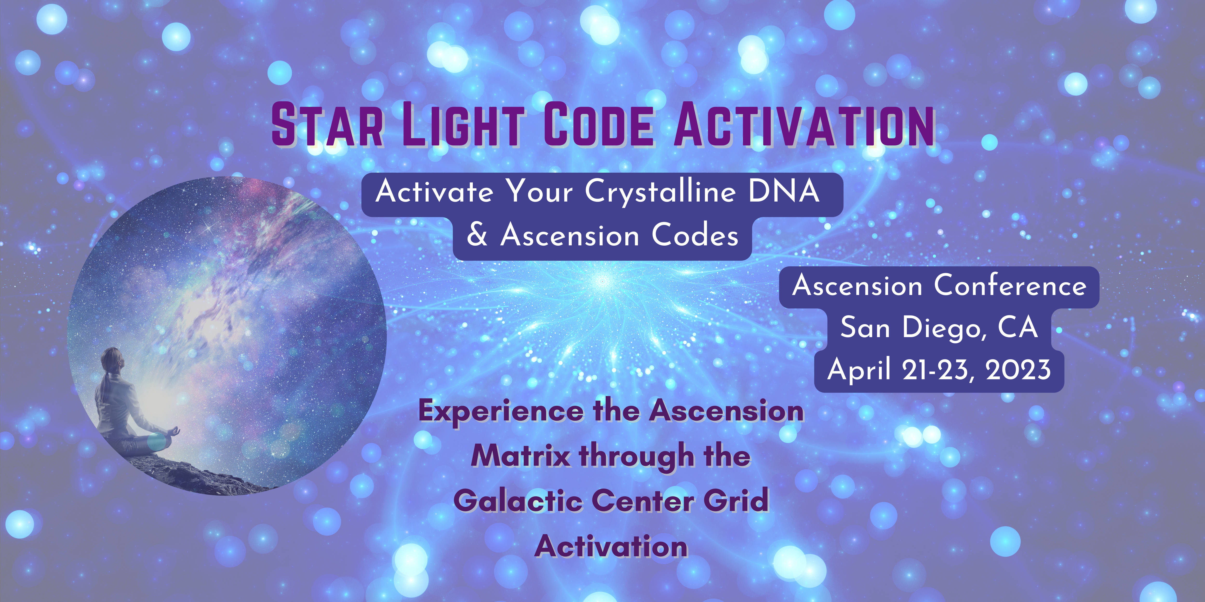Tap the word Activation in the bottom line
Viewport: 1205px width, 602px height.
coord(611,545)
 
